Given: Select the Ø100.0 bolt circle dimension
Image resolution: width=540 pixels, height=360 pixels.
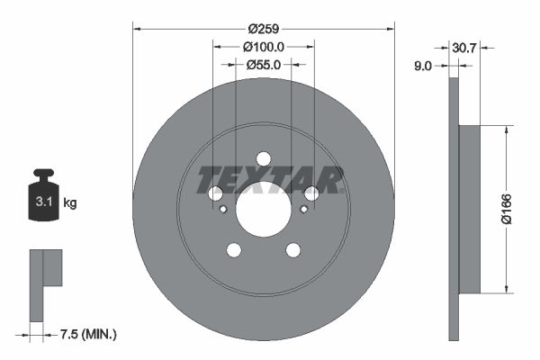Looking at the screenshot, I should [x=263, y=46].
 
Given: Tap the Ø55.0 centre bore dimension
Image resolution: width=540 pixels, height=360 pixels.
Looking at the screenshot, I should [x=263, y=64].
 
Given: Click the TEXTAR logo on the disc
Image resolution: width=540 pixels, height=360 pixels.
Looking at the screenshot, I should [x=270, y=179].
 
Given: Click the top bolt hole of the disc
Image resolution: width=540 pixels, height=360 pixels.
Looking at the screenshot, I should [x=263, y=158].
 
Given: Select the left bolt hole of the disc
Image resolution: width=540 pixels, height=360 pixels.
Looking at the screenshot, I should [x=215, y=193].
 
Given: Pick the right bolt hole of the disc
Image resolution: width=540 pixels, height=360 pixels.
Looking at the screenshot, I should [x=311, y=193].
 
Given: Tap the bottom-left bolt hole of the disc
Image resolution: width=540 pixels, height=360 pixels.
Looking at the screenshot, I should [x=233, y=250].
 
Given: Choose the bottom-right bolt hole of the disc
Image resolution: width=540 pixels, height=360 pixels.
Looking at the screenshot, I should [x=292, y=250].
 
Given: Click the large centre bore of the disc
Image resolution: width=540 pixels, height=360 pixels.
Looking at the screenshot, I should [x=263, y=210].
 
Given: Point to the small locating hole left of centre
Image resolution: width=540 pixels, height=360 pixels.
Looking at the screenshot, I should [x=222, y=210].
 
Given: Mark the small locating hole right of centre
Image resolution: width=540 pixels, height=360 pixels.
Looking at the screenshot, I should [x=304, y=210].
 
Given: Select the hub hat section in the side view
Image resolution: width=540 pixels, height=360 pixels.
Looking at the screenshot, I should [x=470, y=209].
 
